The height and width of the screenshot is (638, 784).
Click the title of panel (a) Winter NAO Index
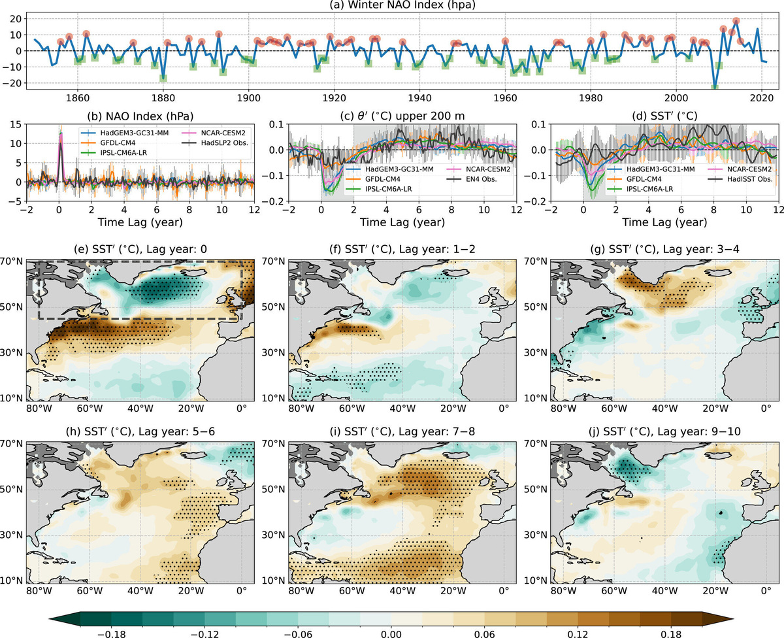tap(391, 7)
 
